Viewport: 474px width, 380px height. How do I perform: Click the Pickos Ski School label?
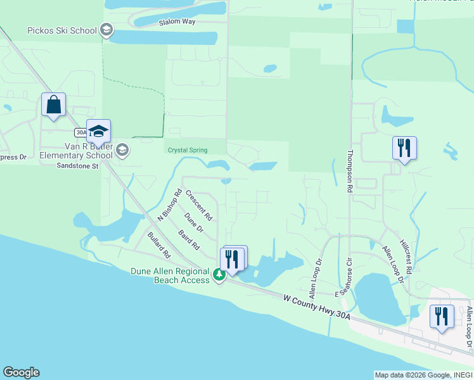point(62,30)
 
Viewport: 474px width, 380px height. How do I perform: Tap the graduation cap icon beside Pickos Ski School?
point(106,30)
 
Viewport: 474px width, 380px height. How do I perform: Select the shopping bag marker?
point(54,104)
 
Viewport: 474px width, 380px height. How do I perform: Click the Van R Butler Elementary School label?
point(76,151)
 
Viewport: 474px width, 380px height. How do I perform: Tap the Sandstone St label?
point(77,166)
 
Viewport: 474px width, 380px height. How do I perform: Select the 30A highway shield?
point(80,132)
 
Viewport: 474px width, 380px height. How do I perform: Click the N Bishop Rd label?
point(169,205)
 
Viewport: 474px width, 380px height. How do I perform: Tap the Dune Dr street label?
point(194,222)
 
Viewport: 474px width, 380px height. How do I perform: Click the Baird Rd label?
point(189,239)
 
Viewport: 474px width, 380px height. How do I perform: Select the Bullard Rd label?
point(159,245)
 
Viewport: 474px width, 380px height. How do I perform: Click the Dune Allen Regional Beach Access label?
point(170,275)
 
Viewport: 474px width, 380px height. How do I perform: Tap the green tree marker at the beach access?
point(219,274)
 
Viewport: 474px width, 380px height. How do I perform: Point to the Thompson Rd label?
point(349,171)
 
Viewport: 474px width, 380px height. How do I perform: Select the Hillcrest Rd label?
point(406,256)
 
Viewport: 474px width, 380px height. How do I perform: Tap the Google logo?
point(21,372)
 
